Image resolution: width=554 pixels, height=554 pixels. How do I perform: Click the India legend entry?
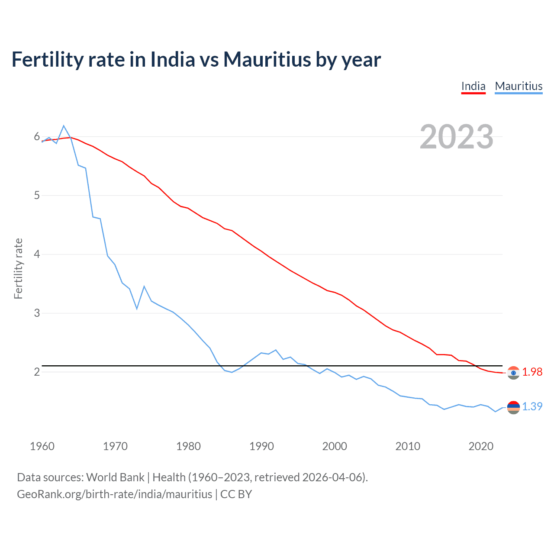click(473, 86)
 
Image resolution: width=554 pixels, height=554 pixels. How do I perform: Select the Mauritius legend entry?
click(519, 86)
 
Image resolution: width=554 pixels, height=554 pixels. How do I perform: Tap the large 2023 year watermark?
click(457, 137)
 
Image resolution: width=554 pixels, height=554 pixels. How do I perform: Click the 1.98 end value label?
click(532, 372)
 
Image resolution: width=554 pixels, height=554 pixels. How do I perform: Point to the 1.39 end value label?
click(532, 406)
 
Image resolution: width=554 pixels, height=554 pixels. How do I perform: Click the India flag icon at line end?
click(513, 373)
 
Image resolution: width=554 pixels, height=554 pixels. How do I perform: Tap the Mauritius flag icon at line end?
click(513, 407)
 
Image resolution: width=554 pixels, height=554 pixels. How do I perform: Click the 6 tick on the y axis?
click(37, 137)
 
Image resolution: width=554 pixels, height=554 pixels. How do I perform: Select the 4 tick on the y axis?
click(37, 254)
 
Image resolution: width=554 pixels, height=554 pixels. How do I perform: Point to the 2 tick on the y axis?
click(37, 372)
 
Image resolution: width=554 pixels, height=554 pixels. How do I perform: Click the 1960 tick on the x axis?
click(42, 446)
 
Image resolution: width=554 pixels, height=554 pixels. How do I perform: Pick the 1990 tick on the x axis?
click(261, 446)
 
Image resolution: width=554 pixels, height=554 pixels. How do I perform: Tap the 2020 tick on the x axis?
click(481, 446)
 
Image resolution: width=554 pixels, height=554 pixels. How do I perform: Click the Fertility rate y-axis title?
click(18, 268)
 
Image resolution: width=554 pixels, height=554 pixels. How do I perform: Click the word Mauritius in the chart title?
click(267, 59)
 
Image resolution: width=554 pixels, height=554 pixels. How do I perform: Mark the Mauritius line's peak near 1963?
click(64, 126)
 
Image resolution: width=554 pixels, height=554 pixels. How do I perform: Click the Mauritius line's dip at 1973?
click(137, 309)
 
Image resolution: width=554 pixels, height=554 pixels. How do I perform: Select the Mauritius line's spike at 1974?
click(144, 287)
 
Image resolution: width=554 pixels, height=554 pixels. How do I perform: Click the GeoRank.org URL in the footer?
click(114, 494)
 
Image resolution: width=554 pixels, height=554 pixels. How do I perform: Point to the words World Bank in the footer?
click(115, 477)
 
